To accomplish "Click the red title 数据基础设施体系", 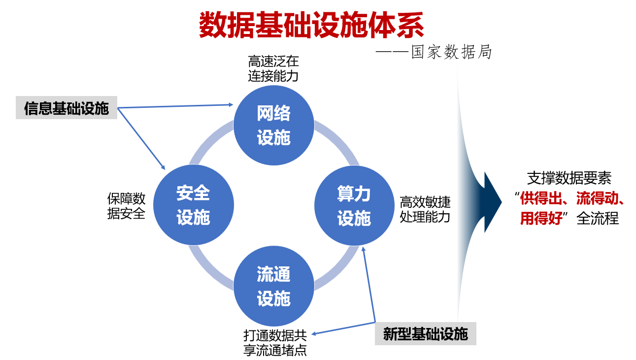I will (311, 26).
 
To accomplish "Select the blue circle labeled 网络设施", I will (274, 126).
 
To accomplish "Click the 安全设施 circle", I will (194, 205).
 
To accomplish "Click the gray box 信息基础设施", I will (67, 108).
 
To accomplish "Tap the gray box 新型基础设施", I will (426, 334).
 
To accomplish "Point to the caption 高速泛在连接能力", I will (273, 69).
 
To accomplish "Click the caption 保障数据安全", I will (127, 206).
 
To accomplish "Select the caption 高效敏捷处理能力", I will (425, 209).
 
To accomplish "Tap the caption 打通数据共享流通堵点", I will (275, 343).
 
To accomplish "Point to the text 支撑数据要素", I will (569, 178).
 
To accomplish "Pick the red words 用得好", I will (541, 218).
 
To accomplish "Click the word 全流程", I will (598, 218).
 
